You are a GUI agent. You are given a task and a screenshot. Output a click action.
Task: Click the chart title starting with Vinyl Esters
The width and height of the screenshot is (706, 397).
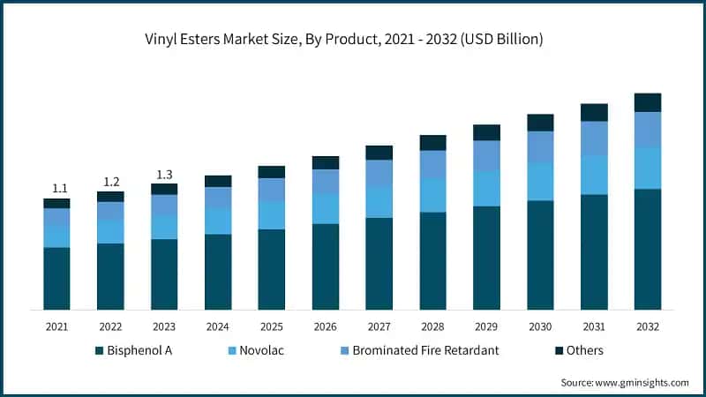click(x=352, y=40)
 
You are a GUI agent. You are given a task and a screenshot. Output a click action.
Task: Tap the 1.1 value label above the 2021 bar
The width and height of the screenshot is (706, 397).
click(x=59, y=188)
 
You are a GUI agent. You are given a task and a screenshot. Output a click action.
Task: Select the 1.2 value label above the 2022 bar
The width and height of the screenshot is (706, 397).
click(x=112, y=182)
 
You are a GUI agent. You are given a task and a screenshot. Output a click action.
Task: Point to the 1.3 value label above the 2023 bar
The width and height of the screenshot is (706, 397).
click(x=165, y=174)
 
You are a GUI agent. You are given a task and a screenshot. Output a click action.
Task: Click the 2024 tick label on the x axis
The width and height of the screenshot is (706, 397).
click(x=218, y=326)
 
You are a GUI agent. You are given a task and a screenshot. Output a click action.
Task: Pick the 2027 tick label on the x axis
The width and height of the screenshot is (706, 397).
click(x=379, y=326)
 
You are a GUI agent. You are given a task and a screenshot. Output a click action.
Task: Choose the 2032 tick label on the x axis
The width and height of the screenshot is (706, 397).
click(x=648, y=326)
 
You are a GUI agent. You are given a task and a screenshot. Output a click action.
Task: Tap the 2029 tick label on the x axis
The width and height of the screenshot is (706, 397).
click(x=486, y=326)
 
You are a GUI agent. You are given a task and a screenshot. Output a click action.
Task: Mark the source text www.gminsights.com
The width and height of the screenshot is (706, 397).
click(x=625, y=383)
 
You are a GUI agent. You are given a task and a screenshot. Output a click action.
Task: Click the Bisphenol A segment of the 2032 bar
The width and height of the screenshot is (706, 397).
click(x=648, y=249)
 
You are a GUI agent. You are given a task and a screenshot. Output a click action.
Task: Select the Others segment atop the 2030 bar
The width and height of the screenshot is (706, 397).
click(x=540, y=123)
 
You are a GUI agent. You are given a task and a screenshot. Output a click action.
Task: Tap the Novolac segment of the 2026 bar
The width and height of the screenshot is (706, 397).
click(x=326, y=208)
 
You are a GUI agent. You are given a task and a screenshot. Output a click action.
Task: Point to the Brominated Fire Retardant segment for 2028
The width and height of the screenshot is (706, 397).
click(x=432, y=164)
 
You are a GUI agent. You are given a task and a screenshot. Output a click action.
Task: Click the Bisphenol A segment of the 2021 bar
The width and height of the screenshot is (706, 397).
click(x=57, y=278)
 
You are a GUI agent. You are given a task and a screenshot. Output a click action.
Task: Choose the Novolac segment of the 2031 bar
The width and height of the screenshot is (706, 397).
click(x=594, y=175)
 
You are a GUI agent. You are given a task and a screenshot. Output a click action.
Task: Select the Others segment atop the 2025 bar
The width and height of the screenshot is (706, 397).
click(x=272, y=172)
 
